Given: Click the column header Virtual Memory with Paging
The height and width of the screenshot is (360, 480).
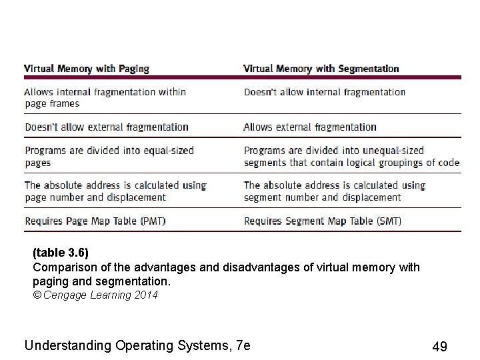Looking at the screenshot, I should [x=87, y=69].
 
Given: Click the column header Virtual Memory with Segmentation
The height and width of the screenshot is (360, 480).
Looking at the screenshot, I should [x=321, y=69].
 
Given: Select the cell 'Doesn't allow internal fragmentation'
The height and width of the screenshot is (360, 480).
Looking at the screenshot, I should [x=325, y=92].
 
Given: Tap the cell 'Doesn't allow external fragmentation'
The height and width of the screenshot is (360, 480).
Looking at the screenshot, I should [x=107, y=127].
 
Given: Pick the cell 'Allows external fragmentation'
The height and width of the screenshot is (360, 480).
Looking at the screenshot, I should [x=310, y=127].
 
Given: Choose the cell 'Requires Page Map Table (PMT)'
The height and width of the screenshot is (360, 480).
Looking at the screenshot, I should [x=95, y=220].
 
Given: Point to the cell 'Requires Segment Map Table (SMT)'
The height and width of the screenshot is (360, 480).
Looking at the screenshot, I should [x=323, y=220].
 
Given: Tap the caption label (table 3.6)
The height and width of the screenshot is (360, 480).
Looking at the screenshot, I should [x=61, y=254].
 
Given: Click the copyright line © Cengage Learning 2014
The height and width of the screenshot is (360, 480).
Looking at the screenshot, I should [x=95, y=295].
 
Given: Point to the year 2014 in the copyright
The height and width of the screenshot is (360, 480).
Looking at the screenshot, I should [x=146, y=295].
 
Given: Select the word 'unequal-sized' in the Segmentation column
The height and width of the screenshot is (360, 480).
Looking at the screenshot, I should [x=393, y=151].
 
